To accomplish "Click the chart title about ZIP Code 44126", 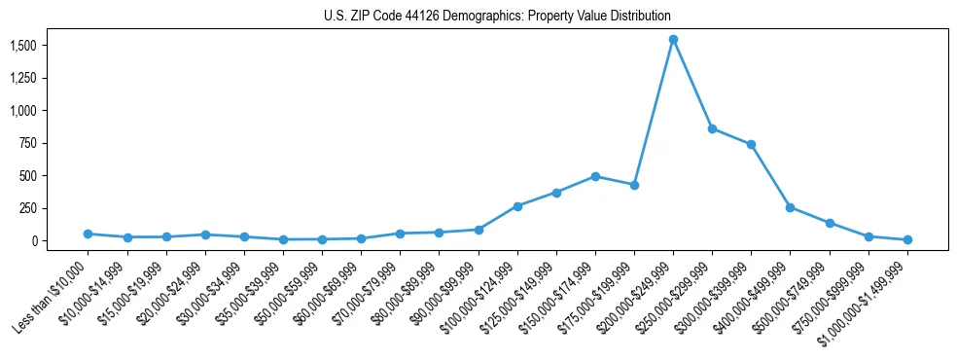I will (497, 17).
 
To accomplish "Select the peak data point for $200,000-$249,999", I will (673, 40).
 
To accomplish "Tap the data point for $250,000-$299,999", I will (712, 128).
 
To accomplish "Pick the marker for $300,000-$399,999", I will (751, 145).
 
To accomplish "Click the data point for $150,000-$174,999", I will (595, 176).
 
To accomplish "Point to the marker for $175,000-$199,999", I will (634, 185).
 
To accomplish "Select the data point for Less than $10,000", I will (88, 234).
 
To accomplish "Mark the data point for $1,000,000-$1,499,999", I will (907, 239).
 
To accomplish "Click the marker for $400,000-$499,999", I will (790, 207).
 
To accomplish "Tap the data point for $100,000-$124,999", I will (517, 206).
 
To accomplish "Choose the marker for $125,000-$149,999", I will (556, 193).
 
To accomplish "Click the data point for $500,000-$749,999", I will (830, 223).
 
